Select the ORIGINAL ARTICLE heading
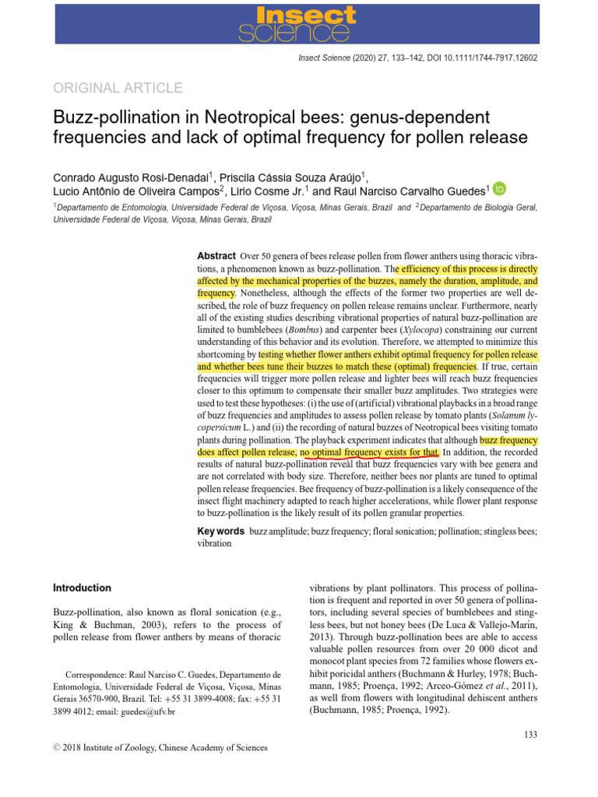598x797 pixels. [x=118, y=88]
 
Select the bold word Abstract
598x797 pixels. [x=216, y=256]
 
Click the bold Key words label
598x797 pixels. [x=220, y=531]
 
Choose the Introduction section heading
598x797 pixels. [x=82, y=588]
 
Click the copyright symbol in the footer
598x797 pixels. [x=56, y=748]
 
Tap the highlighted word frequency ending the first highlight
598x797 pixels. [x=216, y=293]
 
